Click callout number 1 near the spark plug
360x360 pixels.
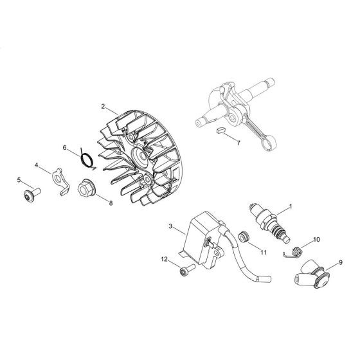tap(291, 206)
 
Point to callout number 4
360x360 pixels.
tap(37, 165)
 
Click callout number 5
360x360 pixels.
tap(19, 179)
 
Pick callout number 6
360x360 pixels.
tap(65, 147)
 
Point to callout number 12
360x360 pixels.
tap(164, 260)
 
